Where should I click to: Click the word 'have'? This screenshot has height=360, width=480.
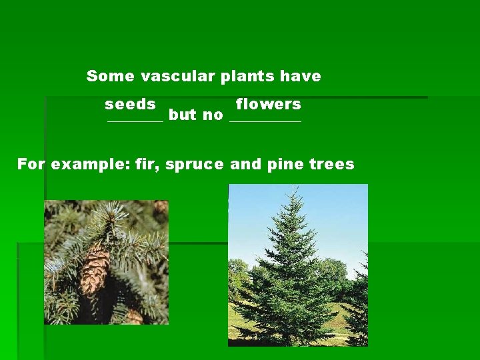[x=301, y=76]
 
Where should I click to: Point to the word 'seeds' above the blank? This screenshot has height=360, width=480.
[x=131, y=104]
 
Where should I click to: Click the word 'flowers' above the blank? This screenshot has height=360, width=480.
[x=269, y=104]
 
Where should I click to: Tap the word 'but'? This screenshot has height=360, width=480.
[x=183, y=115]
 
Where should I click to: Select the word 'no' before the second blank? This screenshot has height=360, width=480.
[x=213, y=115]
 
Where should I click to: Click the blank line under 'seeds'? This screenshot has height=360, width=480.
[x=135, y=121]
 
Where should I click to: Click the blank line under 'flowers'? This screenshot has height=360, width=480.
[x=265, y=121]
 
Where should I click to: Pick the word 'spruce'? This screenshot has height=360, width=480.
[x=195, y=165]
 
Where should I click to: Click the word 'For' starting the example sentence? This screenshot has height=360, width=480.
[x=31, y=163]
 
